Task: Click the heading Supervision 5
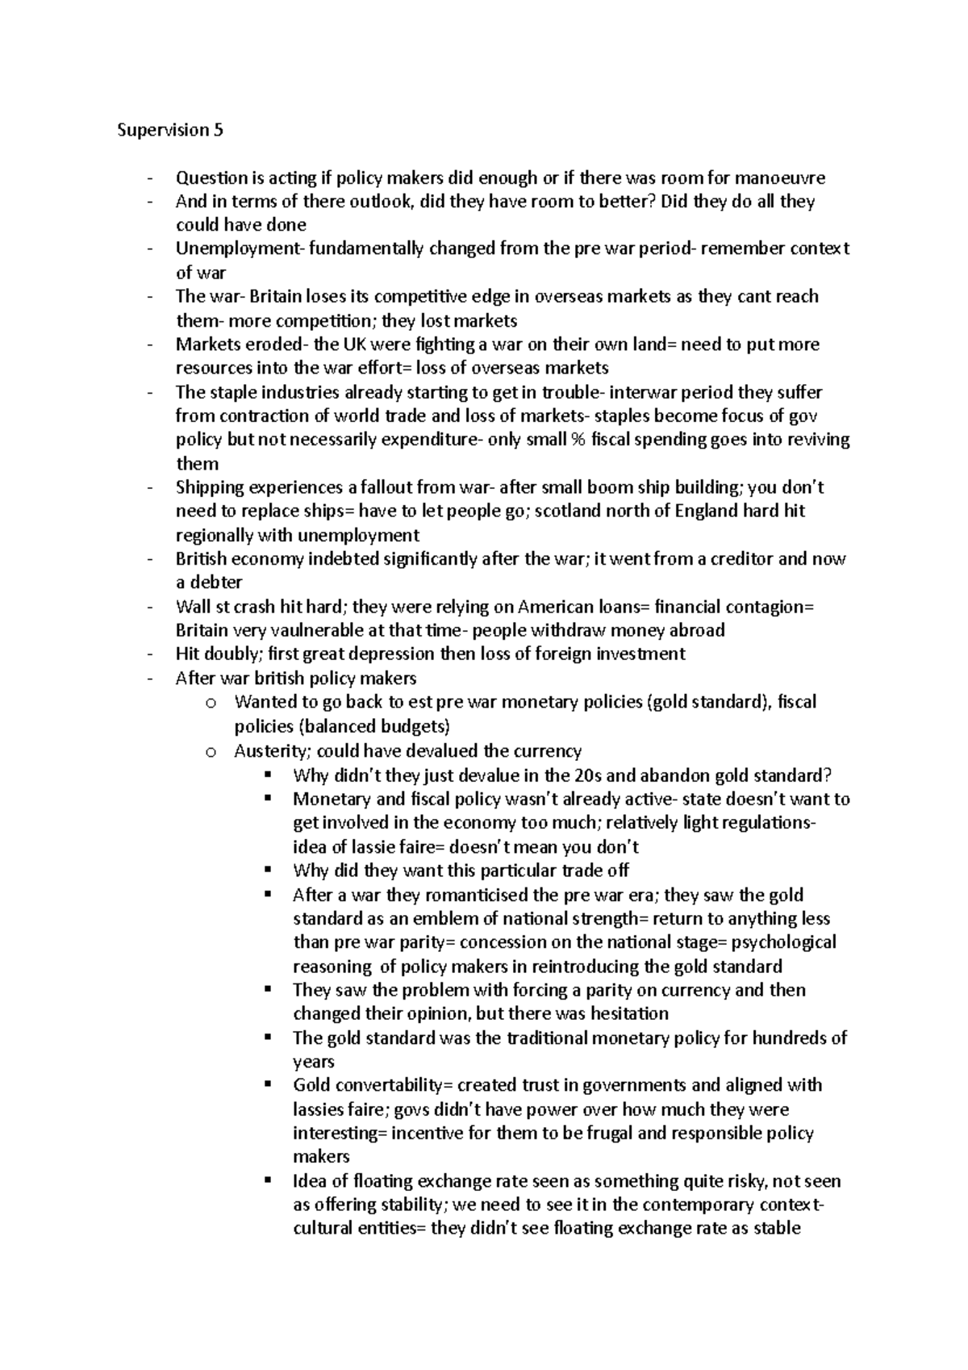pyautogui.click(x=169, y=131)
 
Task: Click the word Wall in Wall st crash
pyautogui.click(x=190, y=607)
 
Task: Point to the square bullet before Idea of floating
pyautogui.click(x=269, y=1181)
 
